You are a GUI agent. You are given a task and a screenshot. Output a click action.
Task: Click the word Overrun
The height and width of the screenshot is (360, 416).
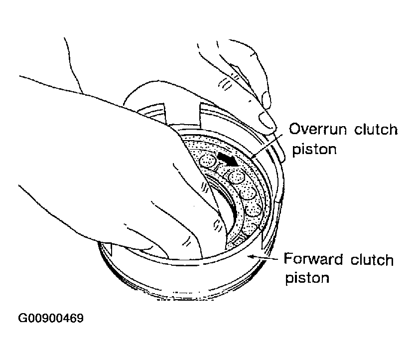point(318,129)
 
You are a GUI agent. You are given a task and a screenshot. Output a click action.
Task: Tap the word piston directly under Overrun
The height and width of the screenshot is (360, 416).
point(314,150)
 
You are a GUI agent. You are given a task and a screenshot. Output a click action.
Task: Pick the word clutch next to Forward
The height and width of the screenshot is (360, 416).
point(372,259)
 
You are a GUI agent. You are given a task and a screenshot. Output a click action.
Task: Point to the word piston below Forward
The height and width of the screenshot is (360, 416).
point(307,278)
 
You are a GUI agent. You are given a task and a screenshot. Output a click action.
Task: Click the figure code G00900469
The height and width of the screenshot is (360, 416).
point(51,318)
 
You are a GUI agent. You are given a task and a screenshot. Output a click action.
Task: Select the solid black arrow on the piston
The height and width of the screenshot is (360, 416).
point(228,159)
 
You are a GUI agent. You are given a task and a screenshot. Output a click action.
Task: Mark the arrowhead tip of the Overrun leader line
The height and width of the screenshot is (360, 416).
point(251,159)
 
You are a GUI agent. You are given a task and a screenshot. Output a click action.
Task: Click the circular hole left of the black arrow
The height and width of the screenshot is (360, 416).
point(208,161)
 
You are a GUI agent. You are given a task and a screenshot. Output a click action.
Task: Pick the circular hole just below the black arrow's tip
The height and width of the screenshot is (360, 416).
point(236,177)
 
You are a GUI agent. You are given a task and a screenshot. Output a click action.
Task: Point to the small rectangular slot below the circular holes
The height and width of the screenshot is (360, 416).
point(237,240)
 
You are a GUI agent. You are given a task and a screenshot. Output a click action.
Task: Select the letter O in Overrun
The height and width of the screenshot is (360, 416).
point(295,129)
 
